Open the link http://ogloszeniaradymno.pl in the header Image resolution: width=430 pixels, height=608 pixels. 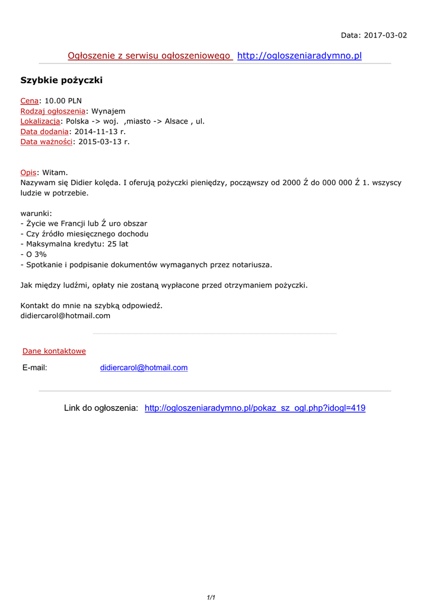(299, 56)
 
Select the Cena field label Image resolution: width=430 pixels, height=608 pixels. (30, 101)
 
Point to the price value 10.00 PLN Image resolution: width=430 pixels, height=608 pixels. (63, 101)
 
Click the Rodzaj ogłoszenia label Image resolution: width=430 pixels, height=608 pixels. (53, 111)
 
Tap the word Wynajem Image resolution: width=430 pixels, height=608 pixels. (108, 111)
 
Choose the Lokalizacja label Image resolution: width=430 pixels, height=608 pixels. (40, 121)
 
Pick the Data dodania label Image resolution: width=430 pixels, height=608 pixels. (44, 131)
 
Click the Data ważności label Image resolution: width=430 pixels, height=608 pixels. (46, 141)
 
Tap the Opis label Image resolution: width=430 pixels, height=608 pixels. (28, 172)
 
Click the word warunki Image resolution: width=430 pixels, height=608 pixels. (36, 213)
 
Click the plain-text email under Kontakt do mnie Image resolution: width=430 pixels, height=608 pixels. (65, 316)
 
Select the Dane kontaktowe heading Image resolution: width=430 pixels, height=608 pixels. (54, 351)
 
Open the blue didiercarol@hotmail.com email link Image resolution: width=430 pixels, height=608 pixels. (144, 368)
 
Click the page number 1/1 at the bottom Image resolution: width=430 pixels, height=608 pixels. (211, 598)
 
